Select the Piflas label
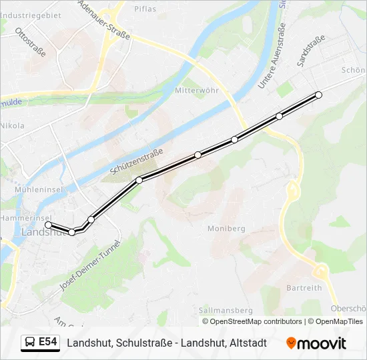point(145,9)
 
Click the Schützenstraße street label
point(137,163)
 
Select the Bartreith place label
point(304,288)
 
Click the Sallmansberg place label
point(225,310)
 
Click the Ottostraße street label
point(29,42)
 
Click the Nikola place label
point(13,125)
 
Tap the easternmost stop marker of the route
point(318,95)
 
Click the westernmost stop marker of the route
point(48,225)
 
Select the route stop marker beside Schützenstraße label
point(139,180)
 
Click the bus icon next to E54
point(30,343)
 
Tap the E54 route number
point(48,343)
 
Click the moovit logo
point(316,343)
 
